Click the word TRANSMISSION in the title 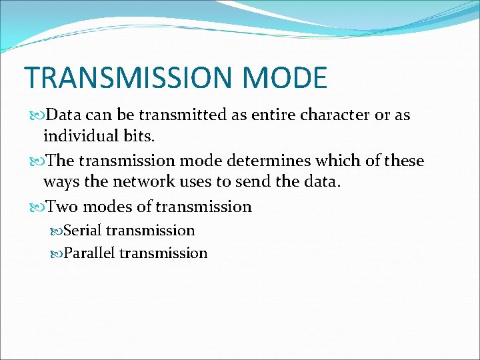[131, 77]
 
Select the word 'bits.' [137, 136]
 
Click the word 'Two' [63, 207]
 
